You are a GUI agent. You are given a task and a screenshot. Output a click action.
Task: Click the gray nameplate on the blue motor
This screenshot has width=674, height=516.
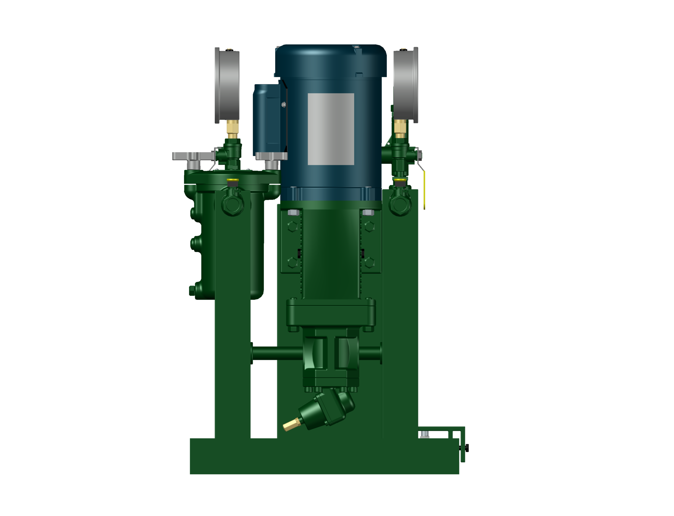point(330,129)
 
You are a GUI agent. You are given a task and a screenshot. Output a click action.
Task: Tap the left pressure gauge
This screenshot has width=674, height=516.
point(227,85)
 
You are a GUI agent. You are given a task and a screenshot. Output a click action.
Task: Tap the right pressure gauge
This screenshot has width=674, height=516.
point(406,85)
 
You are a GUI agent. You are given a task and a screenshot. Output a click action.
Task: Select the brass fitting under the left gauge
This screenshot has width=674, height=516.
point(233,128)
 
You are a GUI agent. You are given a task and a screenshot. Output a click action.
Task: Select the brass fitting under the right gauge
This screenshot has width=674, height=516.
point(400,128)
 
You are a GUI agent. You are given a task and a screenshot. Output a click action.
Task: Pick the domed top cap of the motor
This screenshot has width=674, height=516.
point(330,61)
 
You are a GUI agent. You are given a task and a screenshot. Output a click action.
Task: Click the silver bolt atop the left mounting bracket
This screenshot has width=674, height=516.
point(293,213)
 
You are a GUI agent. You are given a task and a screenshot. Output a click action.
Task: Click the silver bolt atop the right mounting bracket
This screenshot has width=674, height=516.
point(368,213)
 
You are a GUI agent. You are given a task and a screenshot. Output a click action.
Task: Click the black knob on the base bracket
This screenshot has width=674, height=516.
point(466,448)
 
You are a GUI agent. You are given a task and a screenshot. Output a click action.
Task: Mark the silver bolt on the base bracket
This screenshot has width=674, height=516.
point(425,434)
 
